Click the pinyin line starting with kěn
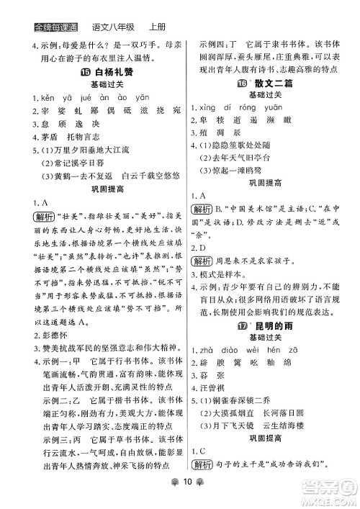80,99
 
